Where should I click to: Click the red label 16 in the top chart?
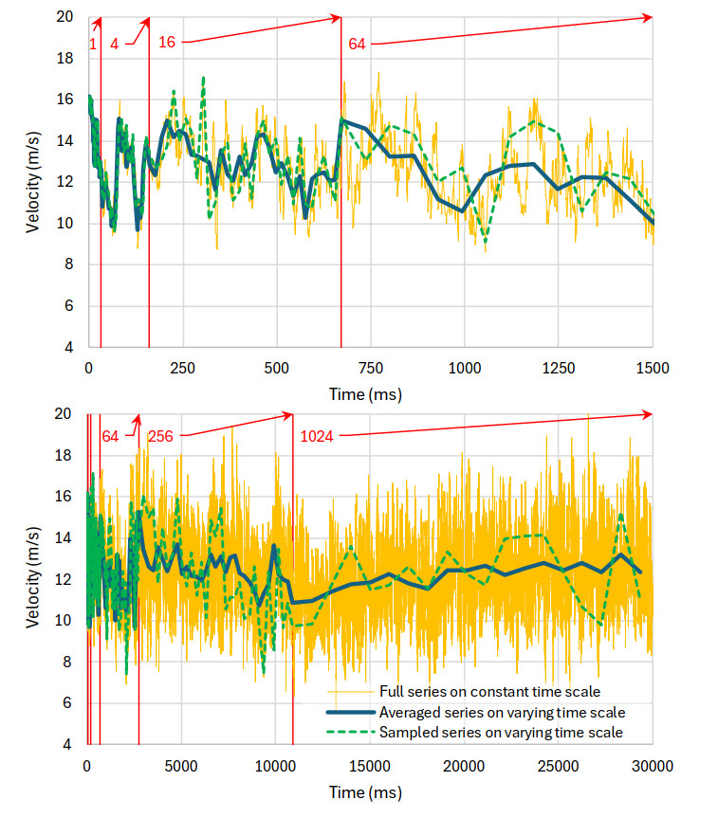(166, 43)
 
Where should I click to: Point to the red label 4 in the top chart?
(115, 43)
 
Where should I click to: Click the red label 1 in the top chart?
(93, 43)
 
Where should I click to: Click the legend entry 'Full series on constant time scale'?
(489, 691)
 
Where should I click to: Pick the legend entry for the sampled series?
(501, 732)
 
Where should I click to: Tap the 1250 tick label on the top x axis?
(559, 368)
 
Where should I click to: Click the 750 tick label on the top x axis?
(371, 368)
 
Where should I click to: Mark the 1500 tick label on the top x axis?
(653, 368)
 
